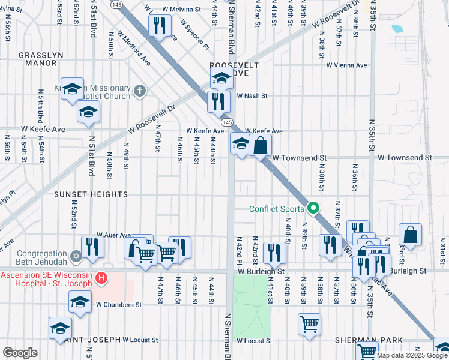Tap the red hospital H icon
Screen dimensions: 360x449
point(102,278)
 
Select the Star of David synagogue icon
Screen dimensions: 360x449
point(76,256)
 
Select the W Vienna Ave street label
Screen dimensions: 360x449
point(346,65)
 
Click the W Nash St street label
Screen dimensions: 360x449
point(252,95)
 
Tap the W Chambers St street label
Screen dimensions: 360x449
point(118,305)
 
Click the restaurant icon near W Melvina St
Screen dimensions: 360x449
point(159,26)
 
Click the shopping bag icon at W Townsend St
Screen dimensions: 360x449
point(261,145)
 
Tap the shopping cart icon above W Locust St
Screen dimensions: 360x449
point(309,323)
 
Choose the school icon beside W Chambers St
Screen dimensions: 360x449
point(80,302)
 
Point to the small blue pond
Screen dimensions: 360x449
point(397,28)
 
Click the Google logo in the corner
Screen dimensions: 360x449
point(20,353)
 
